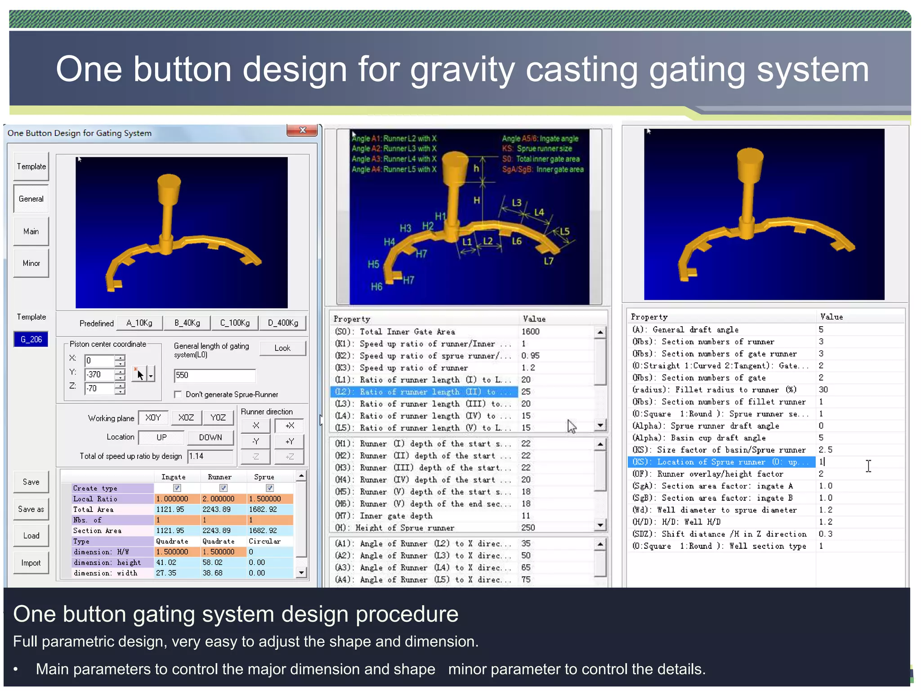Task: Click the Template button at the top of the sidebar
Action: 31,166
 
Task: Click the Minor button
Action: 31,263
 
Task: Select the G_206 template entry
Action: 31,339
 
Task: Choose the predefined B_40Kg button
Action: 187,323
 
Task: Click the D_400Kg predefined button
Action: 283,323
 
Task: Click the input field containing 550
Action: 215,375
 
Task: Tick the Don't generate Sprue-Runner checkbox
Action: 178,395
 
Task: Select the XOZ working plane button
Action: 186,417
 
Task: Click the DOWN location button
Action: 210,437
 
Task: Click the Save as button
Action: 31,509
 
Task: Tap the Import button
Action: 31,563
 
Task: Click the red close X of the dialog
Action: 302,130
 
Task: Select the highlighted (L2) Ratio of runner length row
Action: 423,392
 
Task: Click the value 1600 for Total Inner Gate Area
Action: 531,332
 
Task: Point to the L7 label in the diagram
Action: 549,261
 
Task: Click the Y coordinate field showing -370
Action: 100,374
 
